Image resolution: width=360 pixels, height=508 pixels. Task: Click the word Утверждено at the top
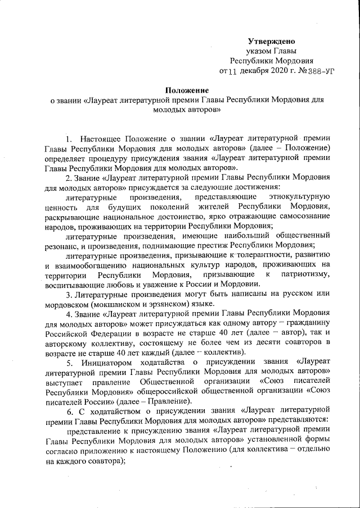(x=272, y=42)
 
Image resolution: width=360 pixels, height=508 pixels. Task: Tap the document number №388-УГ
(x=309, y=71)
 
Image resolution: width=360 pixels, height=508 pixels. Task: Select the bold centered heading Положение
(x=186, y=90)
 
